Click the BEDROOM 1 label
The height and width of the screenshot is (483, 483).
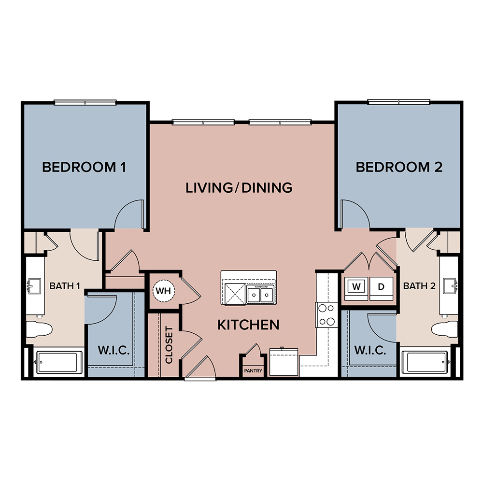tap(84, 167)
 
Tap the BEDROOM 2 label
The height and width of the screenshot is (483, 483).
tap(399, 167)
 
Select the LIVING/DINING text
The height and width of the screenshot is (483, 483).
tap(239, 188)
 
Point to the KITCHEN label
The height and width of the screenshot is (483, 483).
tap(248, 325)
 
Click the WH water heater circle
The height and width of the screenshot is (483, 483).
tap(164, 290)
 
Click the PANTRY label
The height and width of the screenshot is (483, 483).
tap(253, 371)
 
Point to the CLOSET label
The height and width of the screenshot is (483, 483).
tap(169, 345)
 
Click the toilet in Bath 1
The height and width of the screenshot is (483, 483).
tap(39, 329)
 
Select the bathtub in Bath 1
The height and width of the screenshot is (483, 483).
tap(58, 362)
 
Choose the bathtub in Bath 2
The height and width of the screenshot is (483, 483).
tap(426, 362)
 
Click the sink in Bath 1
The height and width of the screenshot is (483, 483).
tap(34, 286)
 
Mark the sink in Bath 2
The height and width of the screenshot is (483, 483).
tap(450, 286)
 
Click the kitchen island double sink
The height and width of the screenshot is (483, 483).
tap(260, 294)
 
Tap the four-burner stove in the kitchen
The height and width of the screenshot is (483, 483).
tap(327, 315)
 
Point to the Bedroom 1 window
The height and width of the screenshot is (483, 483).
tap(85, 102)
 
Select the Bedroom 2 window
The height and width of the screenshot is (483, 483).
tap(398, 102)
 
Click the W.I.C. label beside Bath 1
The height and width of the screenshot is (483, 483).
tap(114, 350)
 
